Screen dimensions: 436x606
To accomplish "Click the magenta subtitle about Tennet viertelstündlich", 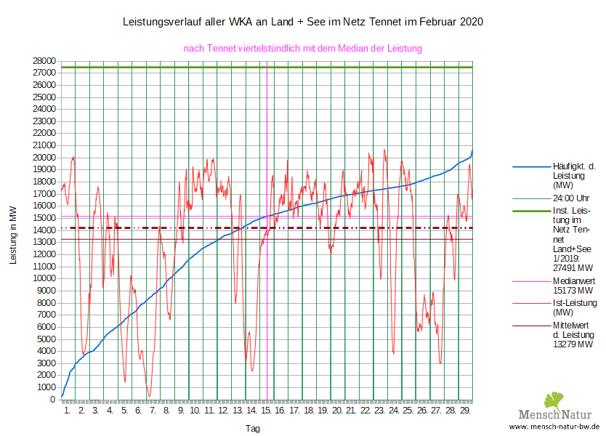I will (x=303, y=48).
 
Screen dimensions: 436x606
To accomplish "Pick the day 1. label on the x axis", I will (x=67, y=411).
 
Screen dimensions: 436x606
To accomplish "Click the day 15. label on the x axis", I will (x=267, y=411).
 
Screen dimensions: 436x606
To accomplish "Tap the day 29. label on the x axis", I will (x=465, y=411).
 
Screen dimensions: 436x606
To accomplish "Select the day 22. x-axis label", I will (x=365, y=411).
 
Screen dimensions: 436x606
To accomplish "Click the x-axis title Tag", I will (x=252, y=428).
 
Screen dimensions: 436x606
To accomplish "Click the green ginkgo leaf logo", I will (x=555, y=400).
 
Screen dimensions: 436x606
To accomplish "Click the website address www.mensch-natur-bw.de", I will (x=554, y=427).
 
